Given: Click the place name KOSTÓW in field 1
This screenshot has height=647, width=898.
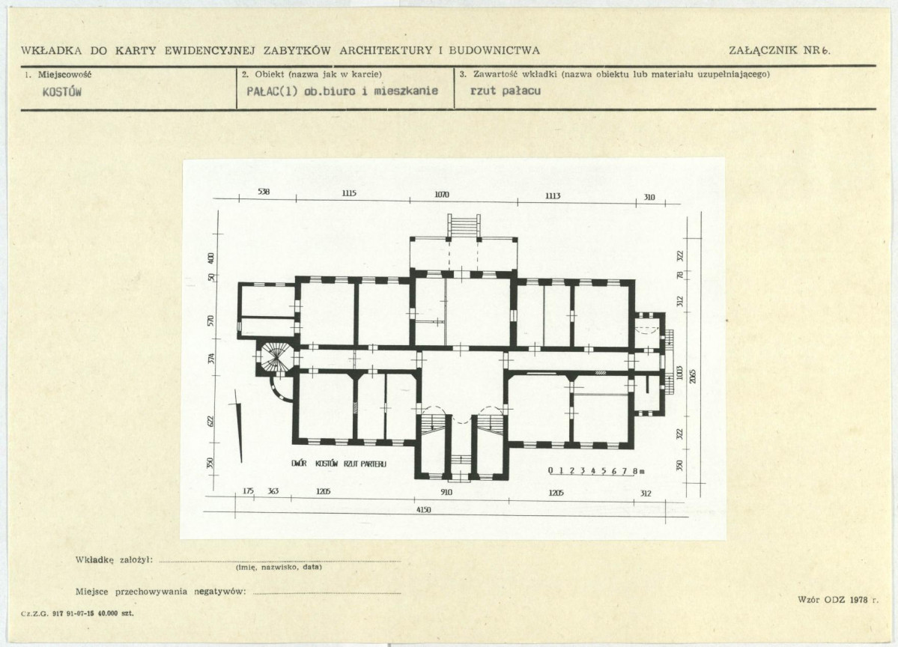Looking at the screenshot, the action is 62,92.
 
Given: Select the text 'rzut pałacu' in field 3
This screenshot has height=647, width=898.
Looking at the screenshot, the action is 505,91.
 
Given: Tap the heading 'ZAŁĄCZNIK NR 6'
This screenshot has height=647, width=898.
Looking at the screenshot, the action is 780,50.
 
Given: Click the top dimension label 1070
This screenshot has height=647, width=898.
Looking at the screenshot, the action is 442,195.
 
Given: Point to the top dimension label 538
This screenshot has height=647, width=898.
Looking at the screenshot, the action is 264,192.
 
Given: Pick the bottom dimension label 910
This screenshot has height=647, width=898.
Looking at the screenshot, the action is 446,493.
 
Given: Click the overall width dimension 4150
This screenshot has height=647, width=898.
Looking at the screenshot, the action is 424,509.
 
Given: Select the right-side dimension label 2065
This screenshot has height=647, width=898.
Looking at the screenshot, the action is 692,374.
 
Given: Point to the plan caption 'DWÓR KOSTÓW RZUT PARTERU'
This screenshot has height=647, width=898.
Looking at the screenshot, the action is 339,464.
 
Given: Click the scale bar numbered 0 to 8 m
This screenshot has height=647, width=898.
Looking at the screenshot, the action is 596,472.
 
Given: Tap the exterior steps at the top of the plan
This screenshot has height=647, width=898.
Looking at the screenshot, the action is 464,224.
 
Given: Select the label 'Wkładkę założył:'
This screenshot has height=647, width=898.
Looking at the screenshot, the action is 114,559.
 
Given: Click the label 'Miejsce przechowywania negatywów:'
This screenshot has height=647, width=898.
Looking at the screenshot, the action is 161,592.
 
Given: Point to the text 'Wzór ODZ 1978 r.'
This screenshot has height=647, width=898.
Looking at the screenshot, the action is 837,600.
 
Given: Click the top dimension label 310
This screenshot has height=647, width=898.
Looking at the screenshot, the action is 649,198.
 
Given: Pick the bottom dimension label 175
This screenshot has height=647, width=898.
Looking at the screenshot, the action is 248,491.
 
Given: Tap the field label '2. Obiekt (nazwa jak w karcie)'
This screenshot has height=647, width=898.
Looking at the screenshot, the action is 312,74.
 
